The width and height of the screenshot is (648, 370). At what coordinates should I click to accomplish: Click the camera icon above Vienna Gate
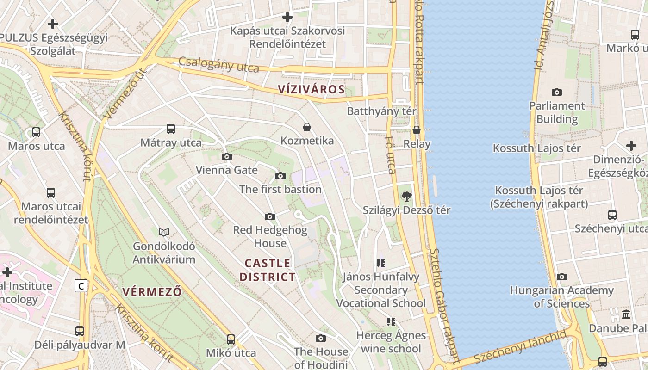tap(227, 156)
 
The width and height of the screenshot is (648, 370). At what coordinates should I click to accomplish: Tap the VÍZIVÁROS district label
tap(312, 89)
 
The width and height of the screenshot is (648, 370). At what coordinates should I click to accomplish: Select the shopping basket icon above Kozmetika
tap(306, 127)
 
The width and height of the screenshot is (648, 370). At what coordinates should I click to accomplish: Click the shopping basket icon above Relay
tap(417, 130)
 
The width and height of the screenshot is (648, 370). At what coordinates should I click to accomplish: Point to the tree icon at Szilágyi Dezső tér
tap(407, 197)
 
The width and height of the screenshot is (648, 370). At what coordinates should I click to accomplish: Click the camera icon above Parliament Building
tap(557, 92)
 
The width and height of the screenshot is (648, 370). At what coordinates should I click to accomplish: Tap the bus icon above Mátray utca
tap(171, 129)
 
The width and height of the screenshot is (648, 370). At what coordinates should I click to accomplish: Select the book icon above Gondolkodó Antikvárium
tap(164, 232)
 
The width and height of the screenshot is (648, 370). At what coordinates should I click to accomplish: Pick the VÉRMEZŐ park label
tap(152, 291)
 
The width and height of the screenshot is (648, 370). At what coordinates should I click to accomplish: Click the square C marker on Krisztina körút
tap(81, 286)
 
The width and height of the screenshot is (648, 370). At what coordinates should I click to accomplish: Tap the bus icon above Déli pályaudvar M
tap(80, 331)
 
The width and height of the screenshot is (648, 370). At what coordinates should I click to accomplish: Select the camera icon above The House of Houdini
tap(320, 339)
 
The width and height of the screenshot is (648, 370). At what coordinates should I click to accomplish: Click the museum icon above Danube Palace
tap(626, 314)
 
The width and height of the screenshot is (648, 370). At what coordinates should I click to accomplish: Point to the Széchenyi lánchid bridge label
tap(519, 347)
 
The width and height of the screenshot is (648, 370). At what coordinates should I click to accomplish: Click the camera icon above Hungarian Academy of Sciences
tap(561, 277)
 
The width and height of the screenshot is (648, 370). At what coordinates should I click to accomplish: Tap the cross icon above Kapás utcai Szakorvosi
tap(287, 17)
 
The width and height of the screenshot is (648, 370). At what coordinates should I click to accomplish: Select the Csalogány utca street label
tap(218, 64)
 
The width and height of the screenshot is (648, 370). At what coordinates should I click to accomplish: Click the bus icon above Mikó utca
tap(231, 339)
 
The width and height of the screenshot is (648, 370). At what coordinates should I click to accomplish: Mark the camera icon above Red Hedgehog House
tap(270, 216)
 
